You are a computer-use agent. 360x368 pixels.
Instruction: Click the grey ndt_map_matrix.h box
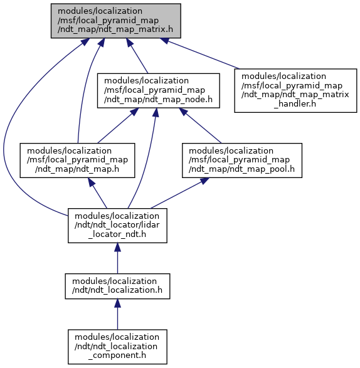coord(116,21)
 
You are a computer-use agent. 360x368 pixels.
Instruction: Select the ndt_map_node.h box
coord(159,91)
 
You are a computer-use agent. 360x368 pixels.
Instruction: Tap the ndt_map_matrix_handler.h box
coord(295,91)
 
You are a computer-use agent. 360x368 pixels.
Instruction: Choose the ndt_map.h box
coord(77,160)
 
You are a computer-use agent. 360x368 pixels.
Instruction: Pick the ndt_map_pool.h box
coord(242,160)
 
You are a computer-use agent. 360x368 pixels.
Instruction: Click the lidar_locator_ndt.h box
coord(117,226)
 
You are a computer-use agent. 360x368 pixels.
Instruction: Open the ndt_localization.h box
coord(117,286)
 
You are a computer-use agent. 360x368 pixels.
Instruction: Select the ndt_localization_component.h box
coord(117,347)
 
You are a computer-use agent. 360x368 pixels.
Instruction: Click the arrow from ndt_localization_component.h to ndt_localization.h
coord(117,314)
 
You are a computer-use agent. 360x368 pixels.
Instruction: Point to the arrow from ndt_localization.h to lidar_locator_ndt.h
coord(117,258)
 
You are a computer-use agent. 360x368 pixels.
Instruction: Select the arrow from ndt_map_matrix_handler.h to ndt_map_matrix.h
coord(199,53)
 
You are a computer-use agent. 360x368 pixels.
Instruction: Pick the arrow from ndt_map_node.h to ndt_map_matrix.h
coord(137,56)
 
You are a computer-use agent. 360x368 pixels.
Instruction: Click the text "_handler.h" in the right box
coord(295,103)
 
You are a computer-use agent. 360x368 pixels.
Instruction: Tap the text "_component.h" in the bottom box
coord(117,355)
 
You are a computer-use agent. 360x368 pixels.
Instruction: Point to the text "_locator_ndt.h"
coord(117,234)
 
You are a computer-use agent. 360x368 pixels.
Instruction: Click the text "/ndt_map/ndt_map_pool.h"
coord(241,169)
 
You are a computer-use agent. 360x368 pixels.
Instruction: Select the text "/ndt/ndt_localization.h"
coord(117,290)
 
